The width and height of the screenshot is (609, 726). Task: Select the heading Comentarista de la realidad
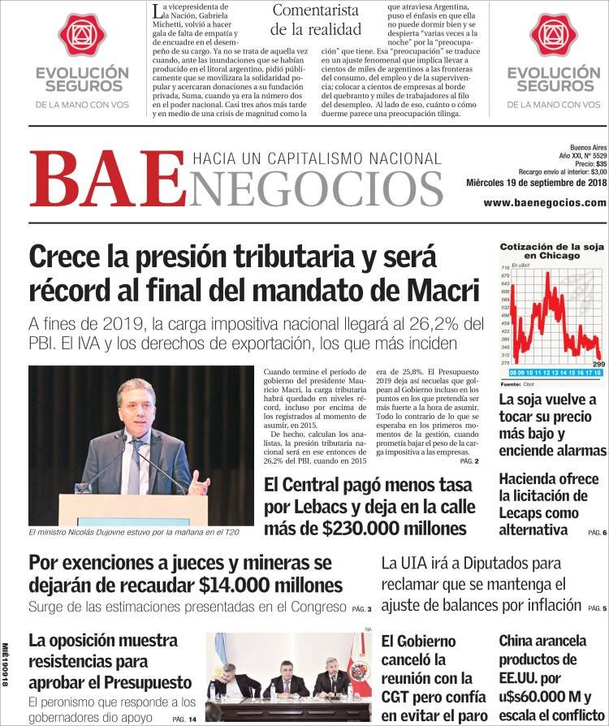(x=315, y=19)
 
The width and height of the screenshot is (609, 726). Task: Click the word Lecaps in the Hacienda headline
(x=525, y=512)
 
